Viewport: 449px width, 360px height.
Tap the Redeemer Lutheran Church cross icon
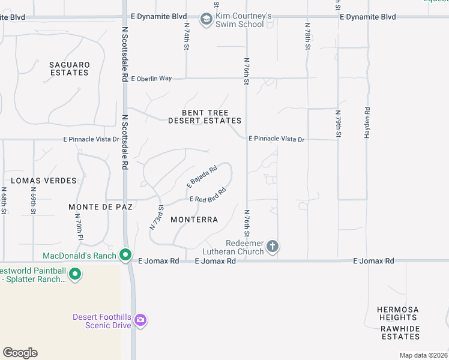tap(273, 246)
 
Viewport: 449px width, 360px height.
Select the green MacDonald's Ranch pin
tap(125, 255)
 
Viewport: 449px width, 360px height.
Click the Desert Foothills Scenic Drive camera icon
tap(140, 320)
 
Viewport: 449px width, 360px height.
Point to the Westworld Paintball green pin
tap(75, 275)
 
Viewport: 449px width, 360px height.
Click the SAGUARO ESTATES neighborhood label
tap(69, 68)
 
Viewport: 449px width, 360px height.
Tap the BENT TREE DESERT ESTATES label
tap(205, 116)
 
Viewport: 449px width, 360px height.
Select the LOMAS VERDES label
tap(44, 181)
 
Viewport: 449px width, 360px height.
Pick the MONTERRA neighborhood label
tap(194, 220)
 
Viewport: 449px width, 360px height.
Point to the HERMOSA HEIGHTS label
tap(398, 314)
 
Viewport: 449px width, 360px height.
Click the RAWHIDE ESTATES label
tap(400, 332)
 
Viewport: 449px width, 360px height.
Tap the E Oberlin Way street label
tap(151, 79)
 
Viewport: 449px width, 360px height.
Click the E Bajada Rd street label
tap(201, 176)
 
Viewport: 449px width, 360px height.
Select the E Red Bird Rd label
tap(208, 195)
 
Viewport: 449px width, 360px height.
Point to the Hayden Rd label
tap(367, 123)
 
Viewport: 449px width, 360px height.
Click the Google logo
tap(20, 353)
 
